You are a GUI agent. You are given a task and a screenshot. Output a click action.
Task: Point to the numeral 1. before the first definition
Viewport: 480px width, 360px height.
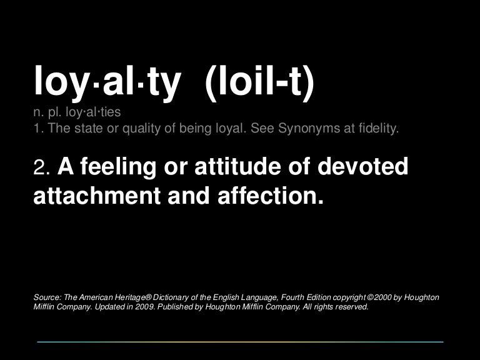38,130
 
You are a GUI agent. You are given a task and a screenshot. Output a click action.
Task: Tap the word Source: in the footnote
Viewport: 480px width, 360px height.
47,296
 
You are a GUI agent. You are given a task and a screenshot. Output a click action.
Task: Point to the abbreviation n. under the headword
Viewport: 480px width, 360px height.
37,114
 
